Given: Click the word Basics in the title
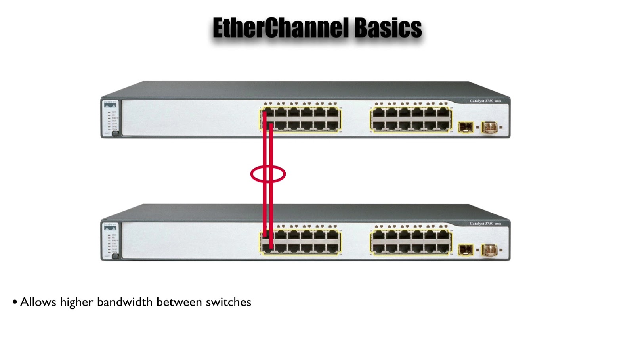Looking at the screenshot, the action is (x=388, y=28).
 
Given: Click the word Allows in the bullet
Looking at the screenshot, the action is (x=38, y=302).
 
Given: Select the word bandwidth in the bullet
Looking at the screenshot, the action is (x=125, y=302).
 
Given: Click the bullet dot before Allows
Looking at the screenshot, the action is (x=15, y=302).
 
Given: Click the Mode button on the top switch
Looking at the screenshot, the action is (x=115, y=134).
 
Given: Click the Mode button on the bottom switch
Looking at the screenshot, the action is (x=115, y=256).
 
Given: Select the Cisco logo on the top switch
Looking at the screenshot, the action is (x=110, y=104).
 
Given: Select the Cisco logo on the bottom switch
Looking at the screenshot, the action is (x=110, y=227).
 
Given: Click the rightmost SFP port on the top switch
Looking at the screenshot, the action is (x=490, y=127).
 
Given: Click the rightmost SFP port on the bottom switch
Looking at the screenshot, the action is (x=490, y=250).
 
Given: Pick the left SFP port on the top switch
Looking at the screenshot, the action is (x=466, y=127).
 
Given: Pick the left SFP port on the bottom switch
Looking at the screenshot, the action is (x=466, y=250).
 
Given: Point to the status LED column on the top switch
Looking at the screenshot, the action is (x=109, y=121).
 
